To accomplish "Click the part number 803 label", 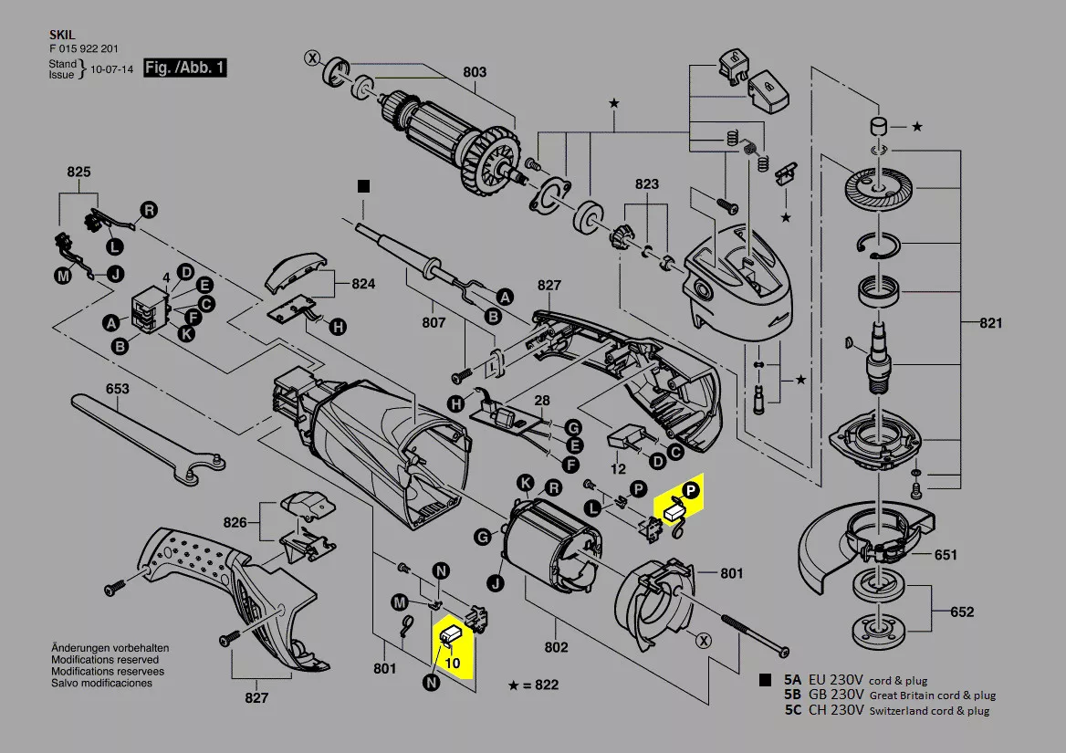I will coord(475,72).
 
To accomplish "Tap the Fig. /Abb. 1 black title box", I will coord(184,68).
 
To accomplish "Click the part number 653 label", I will coord(117,389).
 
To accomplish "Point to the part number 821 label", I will coord(990,323).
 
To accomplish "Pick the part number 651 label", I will coord(946,554).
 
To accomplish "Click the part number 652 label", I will coord(961,612).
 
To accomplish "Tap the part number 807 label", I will coord(434,322).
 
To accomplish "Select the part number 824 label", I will coord(363,284).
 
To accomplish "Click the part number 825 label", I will coord(79,172).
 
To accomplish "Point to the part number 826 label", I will coord(235,522).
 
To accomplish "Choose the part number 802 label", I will coord(556,647).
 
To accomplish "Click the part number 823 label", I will coord(646,183).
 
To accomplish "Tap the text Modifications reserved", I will coord(104,659).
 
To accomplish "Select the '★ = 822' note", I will coord(534,685).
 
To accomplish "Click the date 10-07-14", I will coord(113,68).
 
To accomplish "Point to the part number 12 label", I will coord(618,469).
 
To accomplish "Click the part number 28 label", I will coord(542,401).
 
